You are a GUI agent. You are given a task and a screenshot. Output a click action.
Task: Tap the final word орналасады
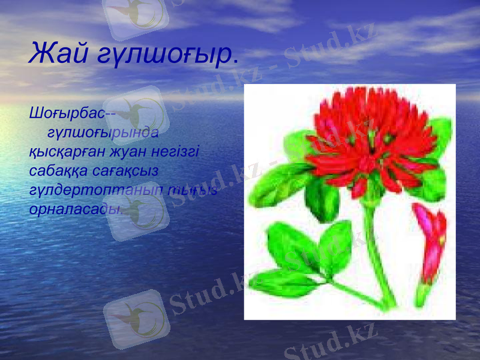tap(76, 210)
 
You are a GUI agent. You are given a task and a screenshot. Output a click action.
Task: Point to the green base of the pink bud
tap(424, 292)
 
